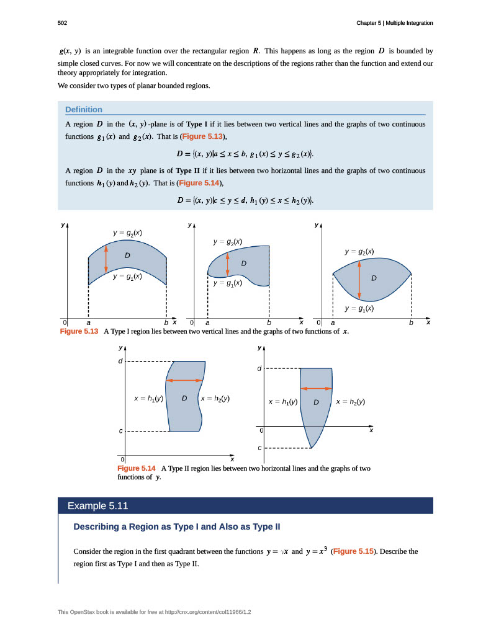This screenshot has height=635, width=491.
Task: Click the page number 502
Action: (x=62, y=23)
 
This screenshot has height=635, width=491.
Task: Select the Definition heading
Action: (x=83, y=110)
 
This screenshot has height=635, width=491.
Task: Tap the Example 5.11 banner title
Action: (x=97, y=506)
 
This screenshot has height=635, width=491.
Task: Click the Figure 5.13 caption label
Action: (x=79, y=332)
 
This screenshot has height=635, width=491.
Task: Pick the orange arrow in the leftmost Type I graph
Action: (x=106, y=256)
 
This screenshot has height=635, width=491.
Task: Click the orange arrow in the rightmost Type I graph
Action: (x=360, y=278)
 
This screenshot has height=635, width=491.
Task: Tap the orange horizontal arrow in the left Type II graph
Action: (x=184, y=380)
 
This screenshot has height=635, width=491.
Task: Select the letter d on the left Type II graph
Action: (x=120, y=360)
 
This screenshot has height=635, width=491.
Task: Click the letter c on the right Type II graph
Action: (x=259, y=448)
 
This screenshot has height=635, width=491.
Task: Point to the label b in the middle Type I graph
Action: (x=269, y=323)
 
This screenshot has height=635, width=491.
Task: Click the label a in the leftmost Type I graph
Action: (x=88, y=323)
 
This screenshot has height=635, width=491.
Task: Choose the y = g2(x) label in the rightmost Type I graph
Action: (x=359, y=252)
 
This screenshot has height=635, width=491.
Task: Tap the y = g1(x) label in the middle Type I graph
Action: (x=227, y=283)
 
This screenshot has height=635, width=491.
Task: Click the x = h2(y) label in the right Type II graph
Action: (x=349, y=402)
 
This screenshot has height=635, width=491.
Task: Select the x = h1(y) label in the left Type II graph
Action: (x=148, y=399)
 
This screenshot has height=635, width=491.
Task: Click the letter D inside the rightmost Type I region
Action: (x=374, y=278)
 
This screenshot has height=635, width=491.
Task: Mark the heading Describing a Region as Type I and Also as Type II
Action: (x=177, y=527)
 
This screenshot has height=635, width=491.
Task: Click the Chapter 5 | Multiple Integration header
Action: (x=394, y=23)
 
